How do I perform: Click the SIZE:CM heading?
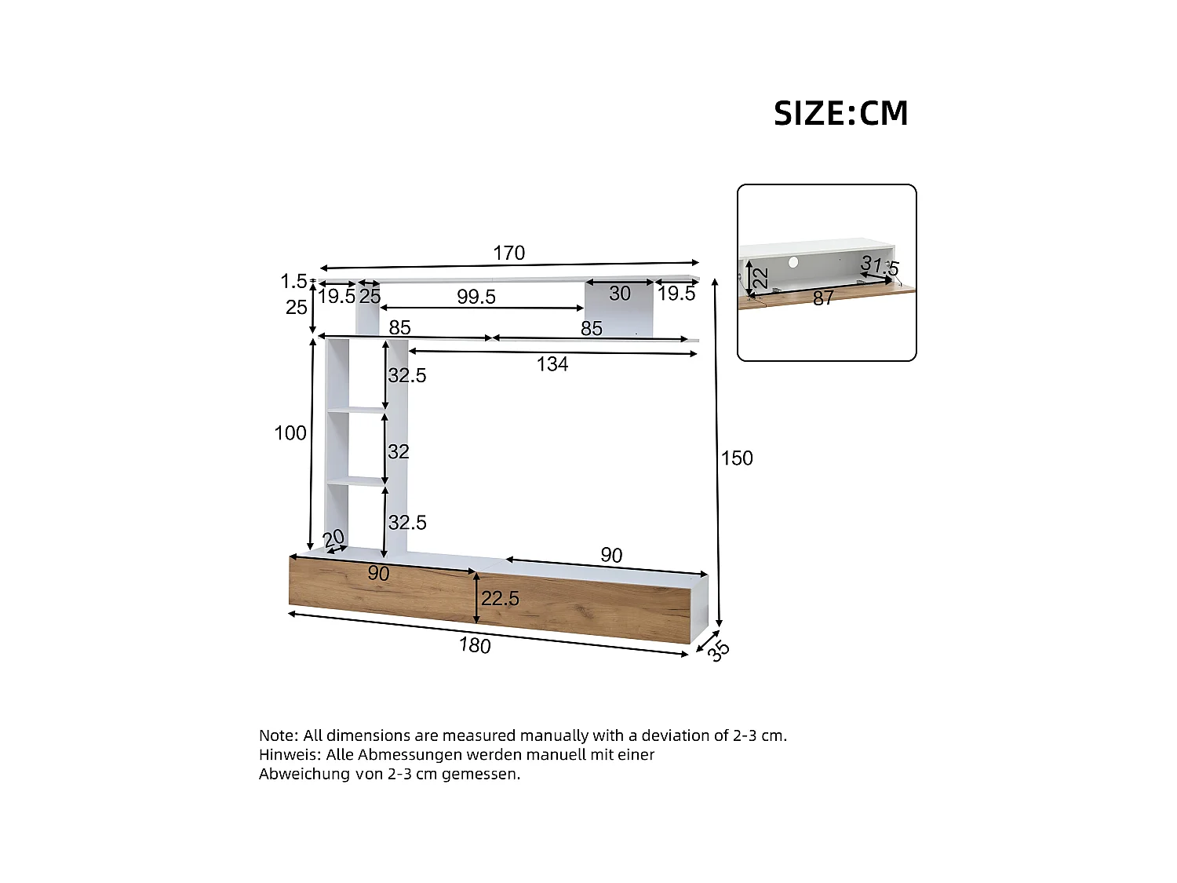coord(840,114)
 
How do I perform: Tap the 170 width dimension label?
coord(508,253)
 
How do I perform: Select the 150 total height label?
coord(737,458)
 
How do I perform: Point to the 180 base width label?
coord(475,645)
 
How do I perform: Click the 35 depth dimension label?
coord(718,650)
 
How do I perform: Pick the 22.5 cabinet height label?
coord(500,599)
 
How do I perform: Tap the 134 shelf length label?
coord(552,364)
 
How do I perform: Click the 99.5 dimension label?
coord(476,297)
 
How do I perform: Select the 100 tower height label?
coord(290,433)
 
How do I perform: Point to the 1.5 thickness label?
coord(293,281)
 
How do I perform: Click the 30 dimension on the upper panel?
coord(620,294)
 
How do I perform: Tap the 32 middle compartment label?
coord(398,452)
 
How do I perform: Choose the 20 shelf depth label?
coord(333,538)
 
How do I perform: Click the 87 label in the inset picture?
coord(823,298)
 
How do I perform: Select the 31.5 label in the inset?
coord(880,265)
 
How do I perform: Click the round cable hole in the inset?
coord(793,262)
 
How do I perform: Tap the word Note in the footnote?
coord(278,735)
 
